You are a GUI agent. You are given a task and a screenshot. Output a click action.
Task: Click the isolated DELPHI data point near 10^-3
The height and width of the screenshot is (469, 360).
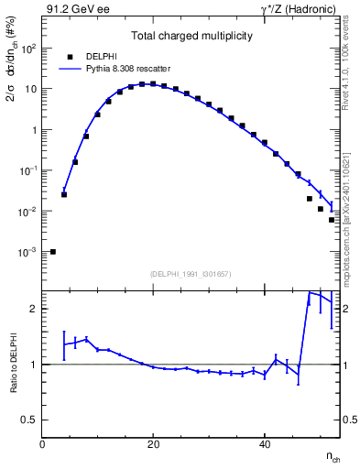pos(53,252)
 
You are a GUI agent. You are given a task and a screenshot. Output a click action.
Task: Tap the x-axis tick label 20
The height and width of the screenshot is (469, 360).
pos(153,445)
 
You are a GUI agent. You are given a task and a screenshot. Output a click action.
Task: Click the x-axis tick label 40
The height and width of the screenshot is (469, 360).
pos(264,445)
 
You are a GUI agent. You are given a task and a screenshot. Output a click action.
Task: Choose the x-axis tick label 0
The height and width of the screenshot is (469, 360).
pos(42,445)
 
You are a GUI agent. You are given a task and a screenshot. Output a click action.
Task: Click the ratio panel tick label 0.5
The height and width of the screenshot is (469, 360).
pos(29,420)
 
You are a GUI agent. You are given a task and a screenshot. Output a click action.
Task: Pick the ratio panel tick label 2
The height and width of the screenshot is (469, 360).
pos(33,309)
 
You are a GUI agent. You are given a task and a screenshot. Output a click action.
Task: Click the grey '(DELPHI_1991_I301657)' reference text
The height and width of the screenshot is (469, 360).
pos(191,274)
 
